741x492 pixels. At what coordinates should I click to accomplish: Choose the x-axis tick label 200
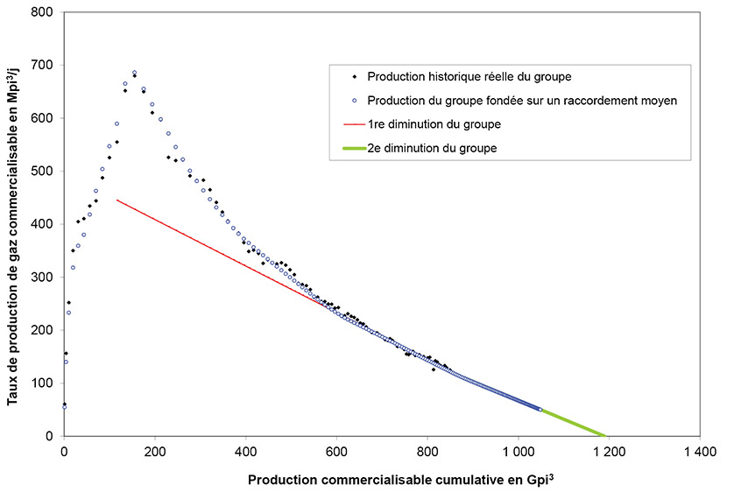tap(155, 452)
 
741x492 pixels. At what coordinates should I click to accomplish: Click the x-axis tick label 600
tap(336, 452)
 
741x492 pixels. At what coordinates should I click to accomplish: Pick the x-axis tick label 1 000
tap(518, 452)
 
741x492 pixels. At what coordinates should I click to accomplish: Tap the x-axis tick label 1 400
tap(699, 452)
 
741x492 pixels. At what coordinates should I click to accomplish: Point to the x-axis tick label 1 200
tap(609, 452)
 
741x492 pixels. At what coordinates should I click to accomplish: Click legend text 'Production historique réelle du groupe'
tap(469, 77)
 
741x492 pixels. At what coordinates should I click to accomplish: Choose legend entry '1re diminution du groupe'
tap(434, 124)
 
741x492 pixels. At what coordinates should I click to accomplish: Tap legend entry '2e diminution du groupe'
tap(432, 148)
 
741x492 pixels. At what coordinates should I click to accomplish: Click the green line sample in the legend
tap(348, 148)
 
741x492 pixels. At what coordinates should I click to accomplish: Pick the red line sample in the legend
tap(348, 124)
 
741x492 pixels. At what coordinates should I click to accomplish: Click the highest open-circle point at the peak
tap(134, 74)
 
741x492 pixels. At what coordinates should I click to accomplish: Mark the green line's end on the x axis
tap(606, 436)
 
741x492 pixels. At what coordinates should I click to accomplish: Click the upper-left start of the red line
tap(116, 200)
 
